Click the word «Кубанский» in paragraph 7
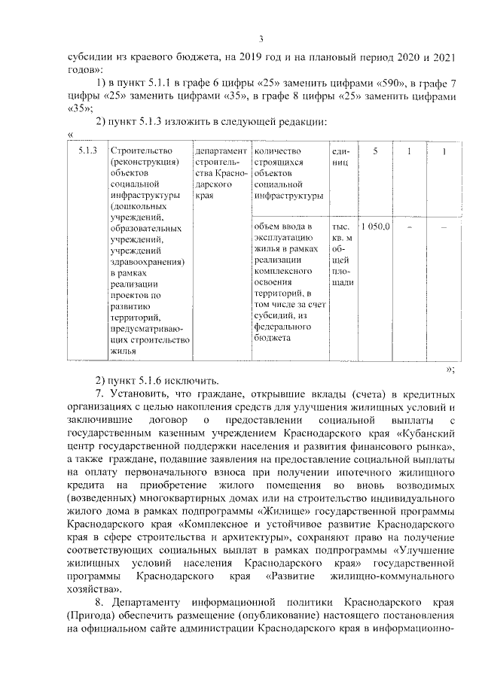pos(423,435)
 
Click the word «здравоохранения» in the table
pos(147,262)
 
